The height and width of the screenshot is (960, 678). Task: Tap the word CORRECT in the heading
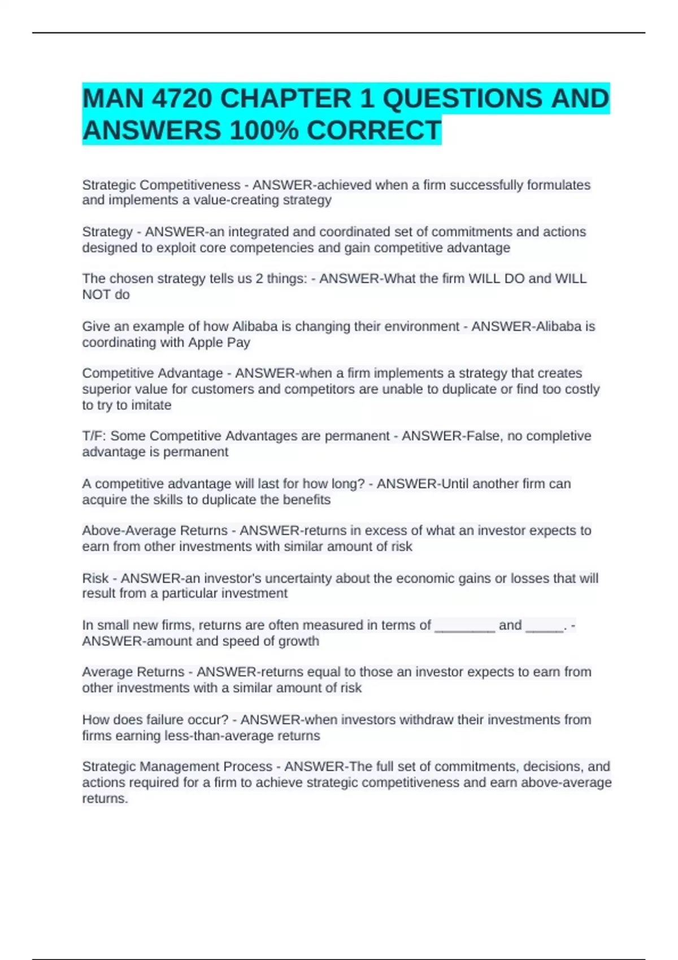click(374, 131)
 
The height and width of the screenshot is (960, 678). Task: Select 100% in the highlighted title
click(264, 131)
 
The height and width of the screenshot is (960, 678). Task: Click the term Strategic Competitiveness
click(161, 185)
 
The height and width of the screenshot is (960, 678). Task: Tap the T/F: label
click(94, 436)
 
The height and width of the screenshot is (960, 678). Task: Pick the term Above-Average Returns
click(154, 531)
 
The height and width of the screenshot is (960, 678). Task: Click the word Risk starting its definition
click(95, 578)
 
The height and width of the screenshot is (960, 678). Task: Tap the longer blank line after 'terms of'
click(464, 626)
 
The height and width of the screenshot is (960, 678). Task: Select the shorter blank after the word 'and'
click(544, 626)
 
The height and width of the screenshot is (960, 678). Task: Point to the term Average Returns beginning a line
click(133, 672)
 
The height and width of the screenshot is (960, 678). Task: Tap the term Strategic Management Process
click(177, 767)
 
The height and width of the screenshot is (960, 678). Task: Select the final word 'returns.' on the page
click(105, 798)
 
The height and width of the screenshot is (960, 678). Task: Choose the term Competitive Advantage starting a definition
click(152, 373)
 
